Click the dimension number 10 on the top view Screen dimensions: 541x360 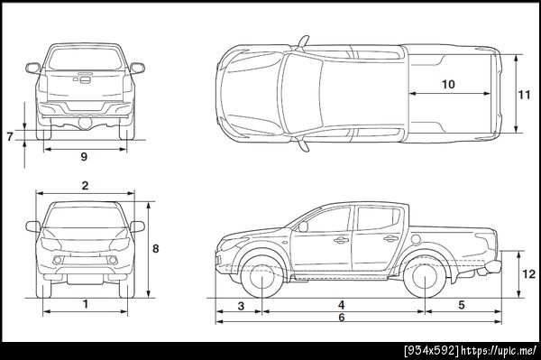click(x=448, y=84)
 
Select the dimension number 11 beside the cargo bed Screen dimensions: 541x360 click(x=524, y=95)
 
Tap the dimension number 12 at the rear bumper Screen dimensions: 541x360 click(x=528, y=274)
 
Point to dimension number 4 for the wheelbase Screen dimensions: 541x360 click(x=341, y=305)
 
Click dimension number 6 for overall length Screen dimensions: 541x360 click(x=341, y=318)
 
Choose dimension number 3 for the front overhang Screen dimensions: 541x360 click(x=241, y=306)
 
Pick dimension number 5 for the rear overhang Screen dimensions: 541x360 click(x=462, y=305)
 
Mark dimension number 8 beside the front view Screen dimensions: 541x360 click(x=156, y=248)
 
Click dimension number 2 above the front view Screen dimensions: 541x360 click(x=86, y=186)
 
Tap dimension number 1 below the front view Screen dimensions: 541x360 click(x=86, y=304)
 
